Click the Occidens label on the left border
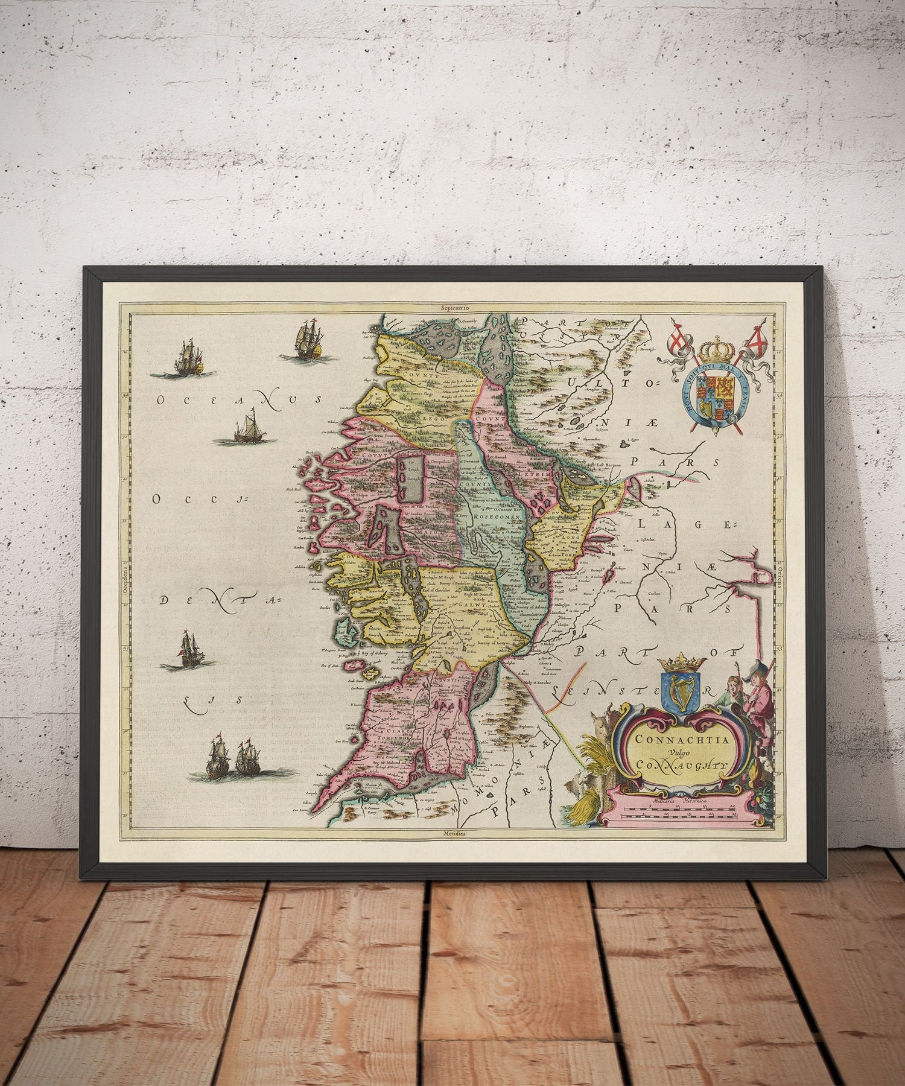tap(121, 579)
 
